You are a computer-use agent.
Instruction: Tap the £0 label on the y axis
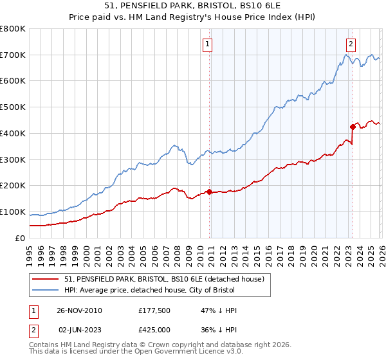point(21,238)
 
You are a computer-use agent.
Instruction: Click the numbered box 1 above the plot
point(208,44)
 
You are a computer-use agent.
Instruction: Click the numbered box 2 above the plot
point(351,44)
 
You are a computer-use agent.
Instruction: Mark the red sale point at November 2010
point(210,192)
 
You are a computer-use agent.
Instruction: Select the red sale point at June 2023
point(353,127)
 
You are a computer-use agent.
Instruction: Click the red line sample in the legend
point(46,280)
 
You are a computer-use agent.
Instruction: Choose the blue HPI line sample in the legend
point(46,291)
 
